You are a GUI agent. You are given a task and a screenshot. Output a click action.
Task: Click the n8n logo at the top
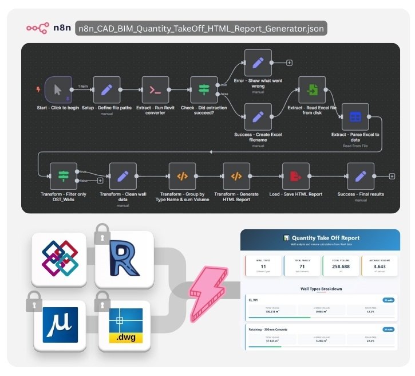tap(48, 28)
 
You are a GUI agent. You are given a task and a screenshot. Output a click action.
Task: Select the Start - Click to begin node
tap(57, 90)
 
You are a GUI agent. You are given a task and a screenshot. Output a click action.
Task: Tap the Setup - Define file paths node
tap(106, 90)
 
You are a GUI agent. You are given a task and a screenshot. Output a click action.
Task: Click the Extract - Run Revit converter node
tap(155, 90)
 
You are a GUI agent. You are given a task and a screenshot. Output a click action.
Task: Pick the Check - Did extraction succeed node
tap(204, 90)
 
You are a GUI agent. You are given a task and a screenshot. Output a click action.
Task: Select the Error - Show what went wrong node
tap(258, 62)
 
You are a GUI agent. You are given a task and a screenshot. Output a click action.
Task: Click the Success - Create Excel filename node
tap(258, 117)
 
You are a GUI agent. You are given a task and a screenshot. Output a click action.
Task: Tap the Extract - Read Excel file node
tap(311, 90)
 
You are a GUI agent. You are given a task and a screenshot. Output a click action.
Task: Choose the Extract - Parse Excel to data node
tap(355, 117)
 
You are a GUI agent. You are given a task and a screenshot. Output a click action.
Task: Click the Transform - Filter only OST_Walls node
tap(63, 176)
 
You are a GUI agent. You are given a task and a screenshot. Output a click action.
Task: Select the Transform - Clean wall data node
tap(122, 176)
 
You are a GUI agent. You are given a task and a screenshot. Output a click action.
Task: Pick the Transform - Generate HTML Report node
tap(236, 176)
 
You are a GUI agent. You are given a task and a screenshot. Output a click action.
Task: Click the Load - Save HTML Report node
tap(296, 176)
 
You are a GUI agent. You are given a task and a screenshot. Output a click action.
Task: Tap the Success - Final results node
tap(361, 176)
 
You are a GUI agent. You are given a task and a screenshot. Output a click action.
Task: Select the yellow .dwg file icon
tap(127, 326)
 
